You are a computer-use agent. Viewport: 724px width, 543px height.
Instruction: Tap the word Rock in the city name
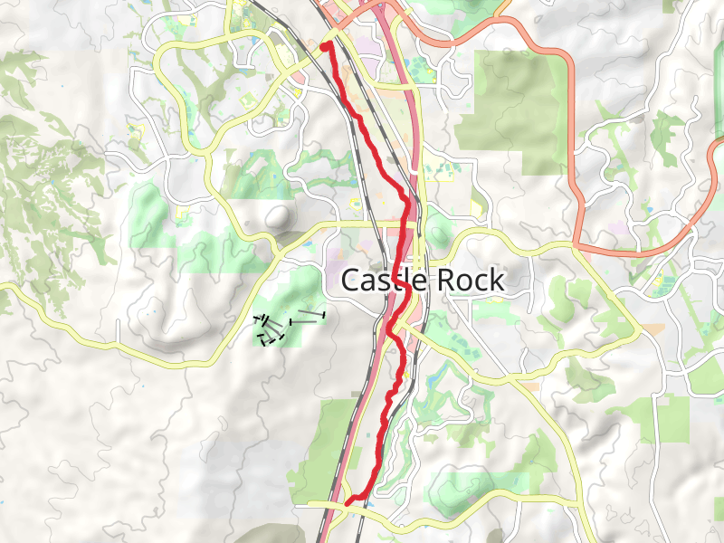(x=470, y=281)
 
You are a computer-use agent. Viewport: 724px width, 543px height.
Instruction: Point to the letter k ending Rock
(x=496, y=281)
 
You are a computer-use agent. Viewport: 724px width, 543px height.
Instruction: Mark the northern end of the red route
(x=327, y=45)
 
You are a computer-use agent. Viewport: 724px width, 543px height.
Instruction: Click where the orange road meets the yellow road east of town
(x=576, y=244)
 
